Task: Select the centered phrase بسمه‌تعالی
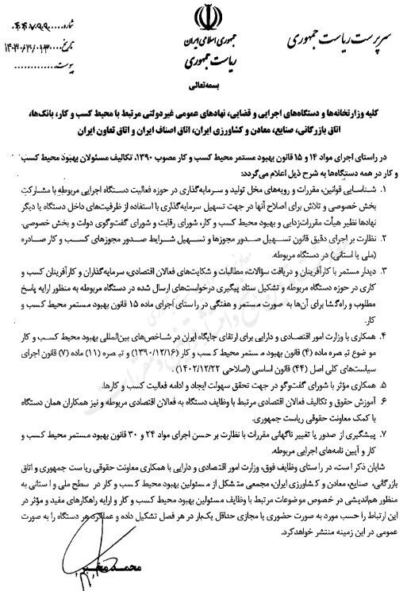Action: point(204,81)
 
